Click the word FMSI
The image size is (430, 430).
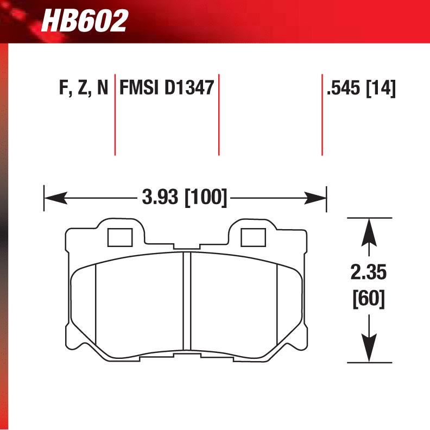point(137,88)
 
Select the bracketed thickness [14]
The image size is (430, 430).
point(381,88)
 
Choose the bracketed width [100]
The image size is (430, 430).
point(205,197)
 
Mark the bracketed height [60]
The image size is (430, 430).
point(369,298)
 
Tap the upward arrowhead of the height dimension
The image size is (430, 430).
point(369,230)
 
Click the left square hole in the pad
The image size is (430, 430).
point(121,237)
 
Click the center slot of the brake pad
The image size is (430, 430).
point(187,301)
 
